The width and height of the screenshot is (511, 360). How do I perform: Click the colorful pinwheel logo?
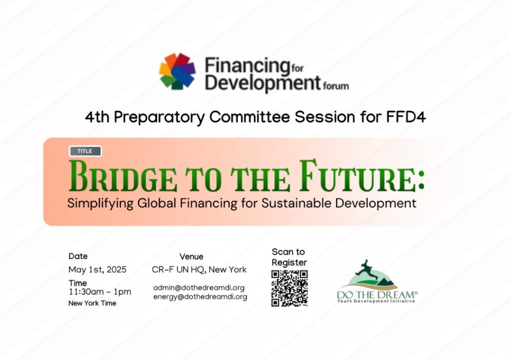[177, 71]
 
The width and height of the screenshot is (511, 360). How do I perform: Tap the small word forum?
[336, 86]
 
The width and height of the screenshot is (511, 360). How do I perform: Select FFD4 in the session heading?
[406, 117]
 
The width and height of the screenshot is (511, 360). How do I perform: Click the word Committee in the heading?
[250, 117]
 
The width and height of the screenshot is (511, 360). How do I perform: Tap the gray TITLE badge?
[85, 151]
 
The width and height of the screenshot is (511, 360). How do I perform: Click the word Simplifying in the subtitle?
[100, 204]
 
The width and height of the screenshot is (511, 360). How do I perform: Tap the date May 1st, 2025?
[97, 270]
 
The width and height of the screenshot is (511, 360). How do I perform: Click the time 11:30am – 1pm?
[100, 292]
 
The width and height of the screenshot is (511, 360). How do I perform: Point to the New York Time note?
[92, 303]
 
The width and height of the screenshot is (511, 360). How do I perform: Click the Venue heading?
[191, 257]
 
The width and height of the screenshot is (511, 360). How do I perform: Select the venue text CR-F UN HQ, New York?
[199, 270]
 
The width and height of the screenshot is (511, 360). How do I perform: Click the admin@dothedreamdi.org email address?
[199, 288]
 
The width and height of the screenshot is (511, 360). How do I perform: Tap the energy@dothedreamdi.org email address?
[200, 297]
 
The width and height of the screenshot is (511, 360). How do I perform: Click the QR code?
[289, 288]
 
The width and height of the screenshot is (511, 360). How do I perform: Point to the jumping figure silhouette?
[367, 268]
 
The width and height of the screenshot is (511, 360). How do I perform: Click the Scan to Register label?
[289, 257]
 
